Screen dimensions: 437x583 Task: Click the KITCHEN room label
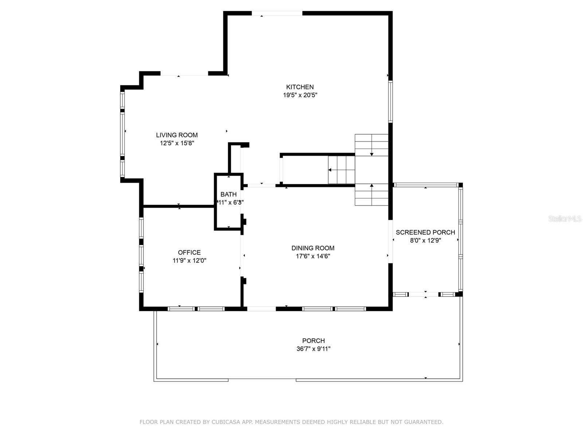[x=300, y=87]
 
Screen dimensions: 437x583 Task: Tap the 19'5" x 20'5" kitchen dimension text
[x=300, y=95]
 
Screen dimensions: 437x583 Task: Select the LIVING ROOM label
[x=177, y=135]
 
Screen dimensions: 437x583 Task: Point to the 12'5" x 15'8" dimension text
[x=177, y=143]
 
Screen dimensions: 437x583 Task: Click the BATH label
[x=228, y=194]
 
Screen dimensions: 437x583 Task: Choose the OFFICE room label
[x=189, y=252]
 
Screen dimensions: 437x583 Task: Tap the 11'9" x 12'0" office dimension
[x=189, y=261]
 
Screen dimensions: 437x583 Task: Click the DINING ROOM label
[x=313, y=248]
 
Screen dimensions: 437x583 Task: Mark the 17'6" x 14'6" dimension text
[x=313, y=256]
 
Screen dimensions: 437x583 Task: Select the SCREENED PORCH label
[x=425, y=232]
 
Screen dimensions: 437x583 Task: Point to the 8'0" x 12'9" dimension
[x=426, y=241]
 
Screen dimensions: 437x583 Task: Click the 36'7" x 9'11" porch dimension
[x=313, y=349]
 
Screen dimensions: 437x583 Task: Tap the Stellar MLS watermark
[x=565, y=219]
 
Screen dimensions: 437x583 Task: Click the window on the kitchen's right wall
[x=390, y=101]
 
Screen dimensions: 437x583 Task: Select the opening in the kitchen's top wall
[x=277, y=13]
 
